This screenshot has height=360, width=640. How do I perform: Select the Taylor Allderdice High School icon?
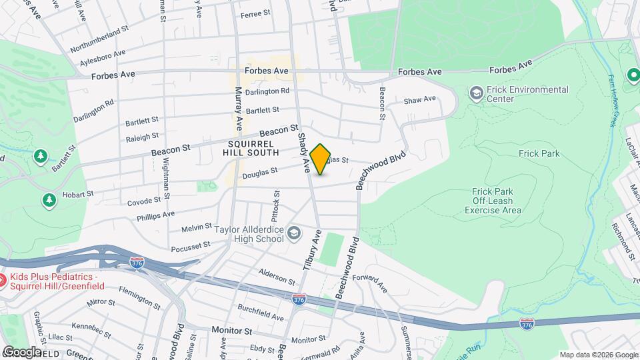pos(294,233)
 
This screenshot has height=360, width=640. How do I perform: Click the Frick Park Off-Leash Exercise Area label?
pos(493,200)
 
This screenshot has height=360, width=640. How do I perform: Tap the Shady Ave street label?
pos(303,153)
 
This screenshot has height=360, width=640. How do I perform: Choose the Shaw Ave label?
pos(419,100)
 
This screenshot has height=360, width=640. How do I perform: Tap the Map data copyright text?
pos(598,354)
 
